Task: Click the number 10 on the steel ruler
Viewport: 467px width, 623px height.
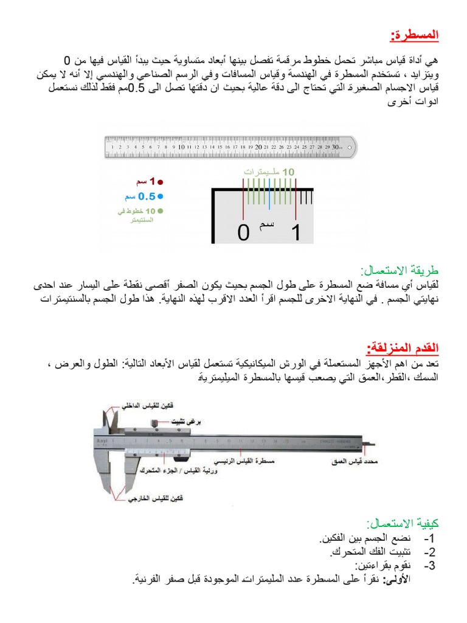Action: click(x=181, y=147)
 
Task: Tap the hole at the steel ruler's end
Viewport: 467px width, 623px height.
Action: click(x=349, y=146)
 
